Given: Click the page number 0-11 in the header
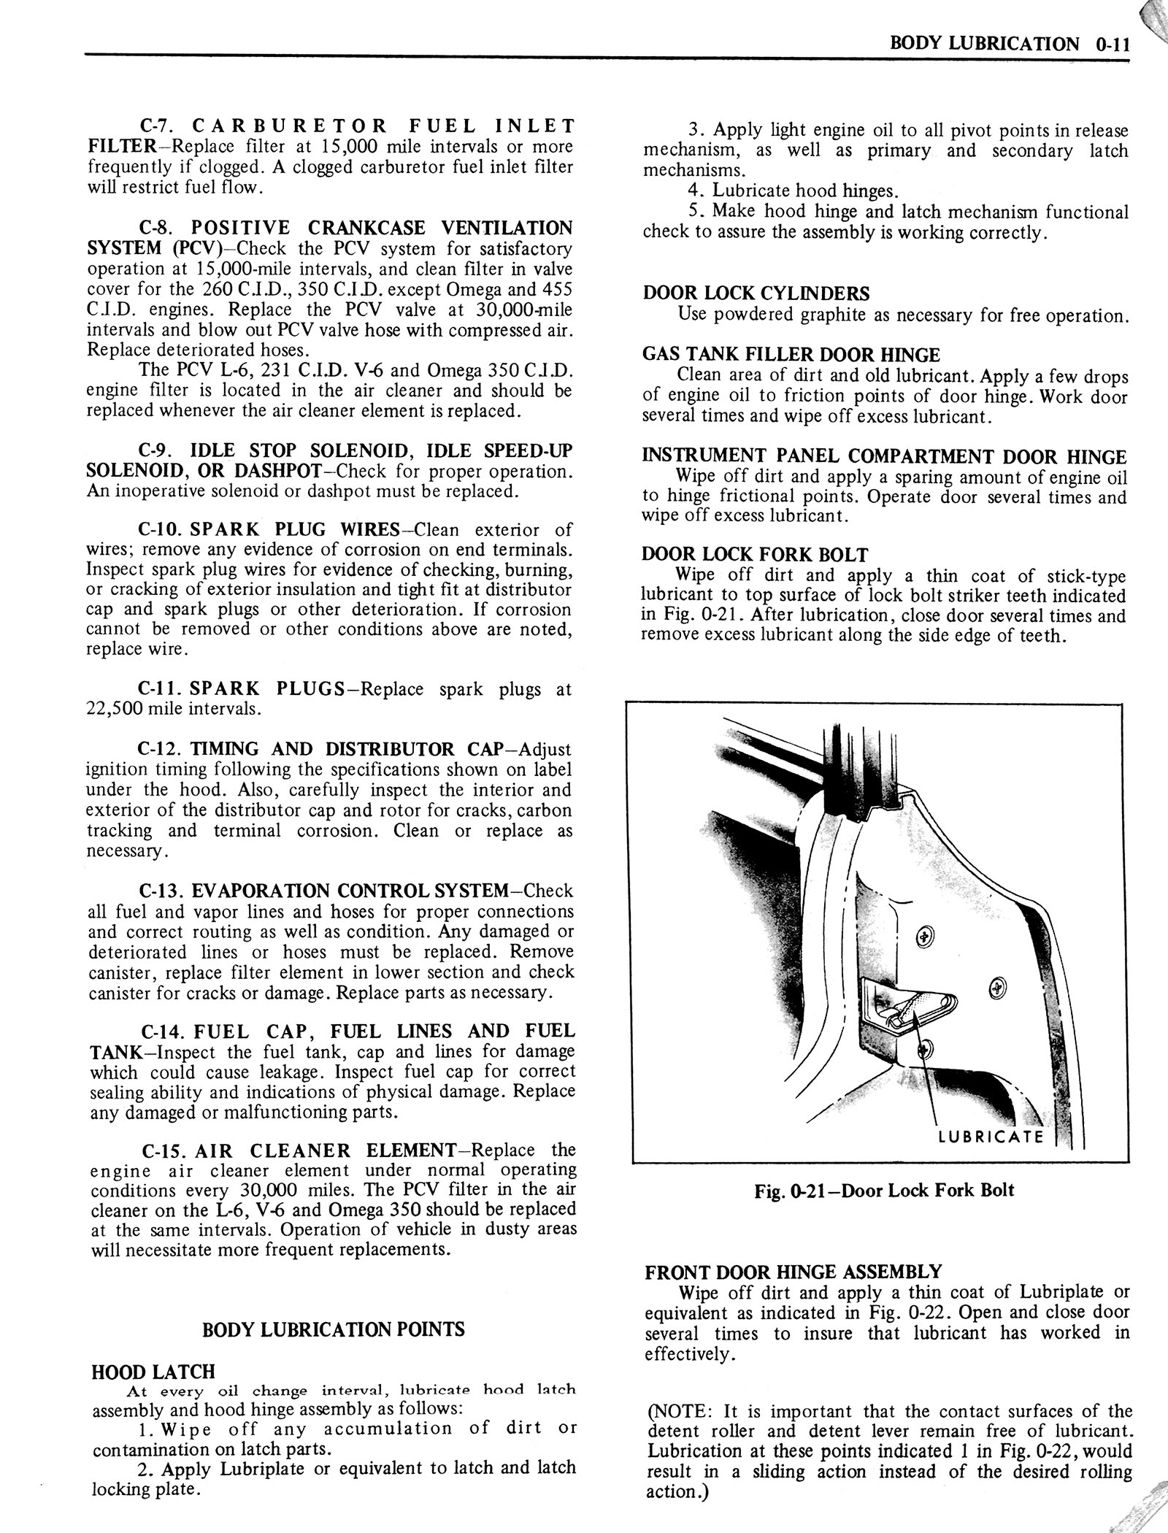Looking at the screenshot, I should point(1112,44).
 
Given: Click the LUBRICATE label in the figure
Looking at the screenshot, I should point(991,1137).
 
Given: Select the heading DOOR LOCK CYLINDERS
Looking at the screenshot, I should point(756,294).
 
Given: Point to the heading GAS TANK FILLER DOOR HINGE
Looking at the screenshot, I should point(791,356).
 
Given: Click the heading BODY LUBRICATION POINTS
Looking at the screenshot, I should point(333,1329).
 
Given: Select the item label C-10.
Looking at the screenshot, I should point(159,529).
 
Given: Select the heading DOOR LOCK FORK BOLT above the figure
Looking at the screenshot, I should point(755,555).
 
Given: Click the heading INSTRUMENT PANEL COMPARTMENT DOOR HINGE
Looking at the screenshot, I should point(884,457).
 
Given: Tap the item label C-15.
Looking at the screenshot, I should point(164,1151).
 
